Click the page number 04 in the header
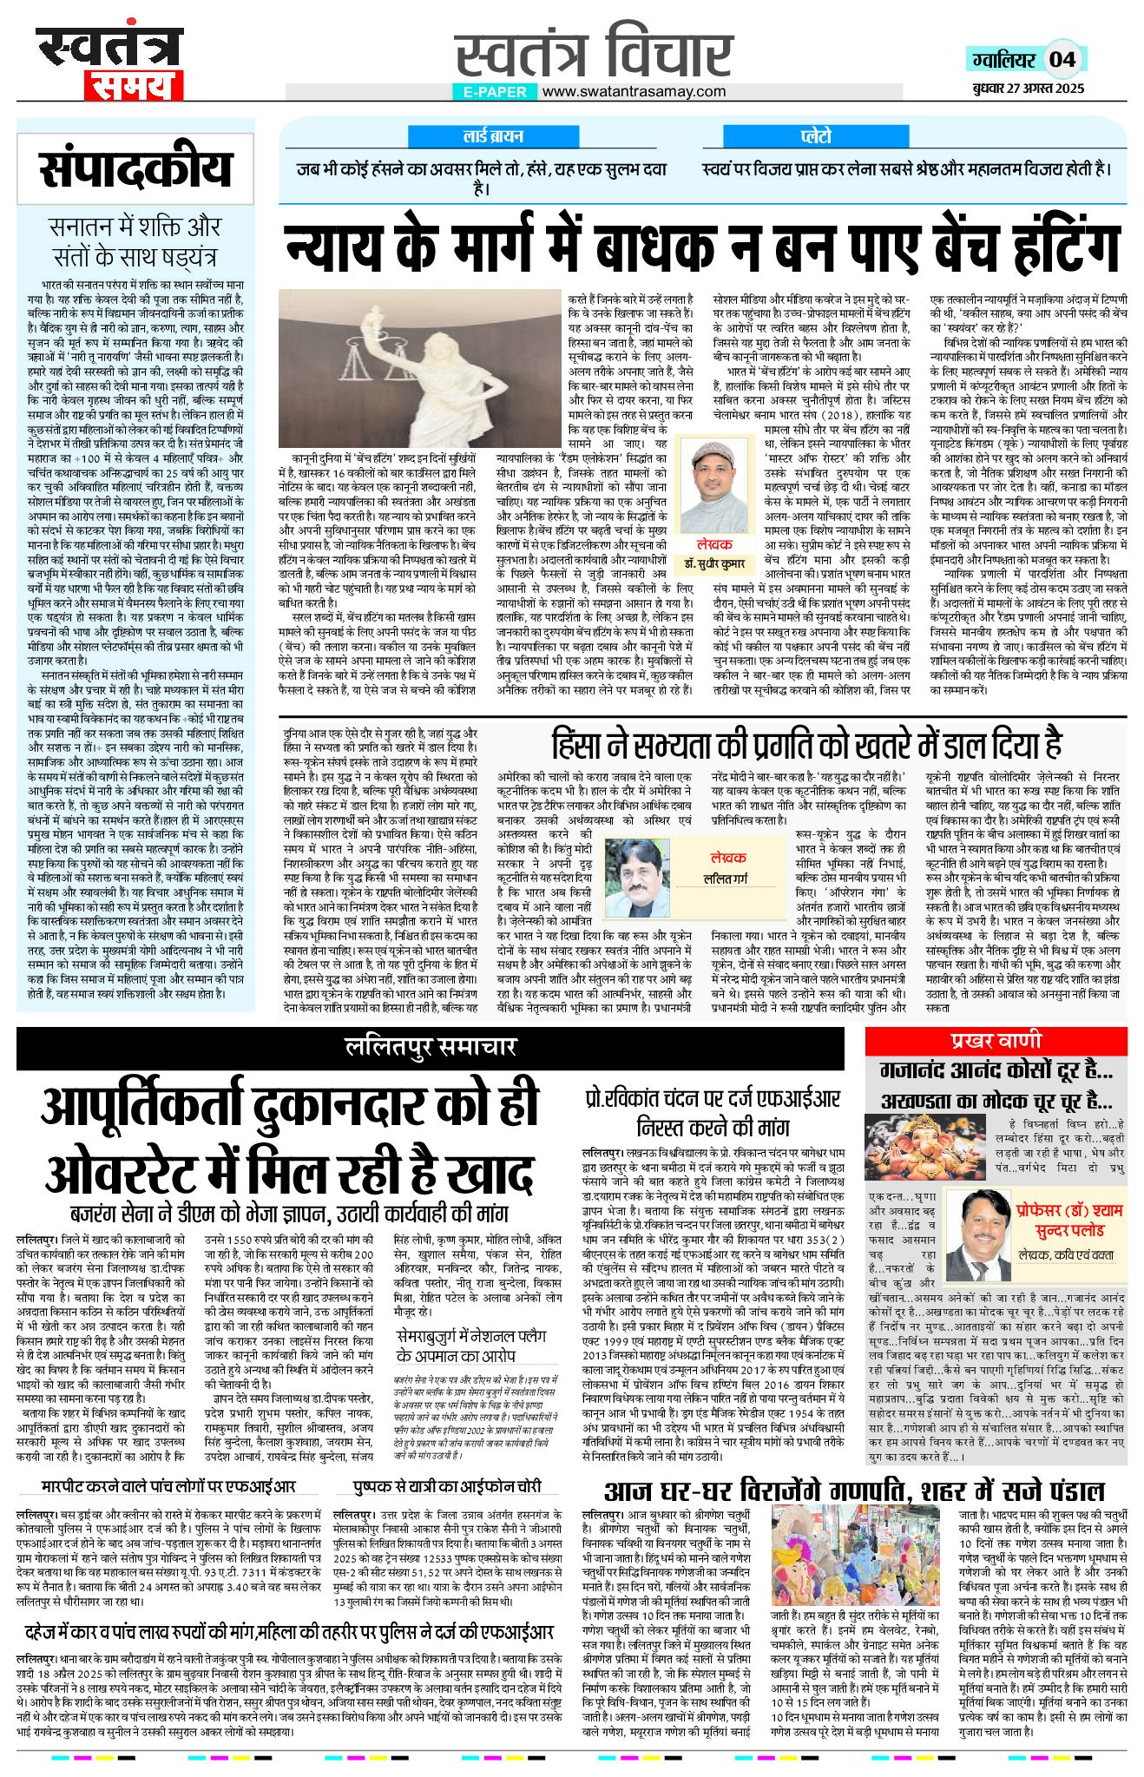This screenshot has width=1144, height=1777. click(x=1062, y=59)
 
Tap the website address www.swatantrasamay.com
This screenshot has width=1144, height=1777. click(x=634, y=91)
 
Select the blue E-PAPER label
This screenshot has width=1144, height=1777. click(x=495, y=91)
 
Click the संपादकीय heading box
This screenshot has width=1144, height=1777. click(x=135, y=169)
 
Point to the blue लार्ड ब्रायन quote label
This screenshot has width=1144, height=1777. click(x=493, y=136)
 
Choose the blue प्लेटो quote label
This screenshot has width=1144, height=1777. click(x=816, y=136)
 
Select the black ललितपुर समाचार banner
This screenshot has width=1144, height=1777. click(x=431, y=1047)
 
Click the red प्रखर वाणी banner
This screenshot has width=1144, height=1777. click(x=995, y=1041)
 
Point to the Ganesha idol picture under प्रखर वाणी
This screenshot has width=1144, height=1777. click(x=913, y=1146)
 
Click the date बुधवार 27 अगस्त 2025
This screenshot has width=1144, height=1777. click(x=1028, y=89)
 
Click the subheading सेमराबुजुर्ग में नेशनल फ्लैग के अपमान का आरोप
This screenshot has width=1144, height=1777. click(x=468, y=1346)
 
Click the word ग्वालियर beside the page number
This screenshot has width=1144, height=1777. click(x=1003, y=60)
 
